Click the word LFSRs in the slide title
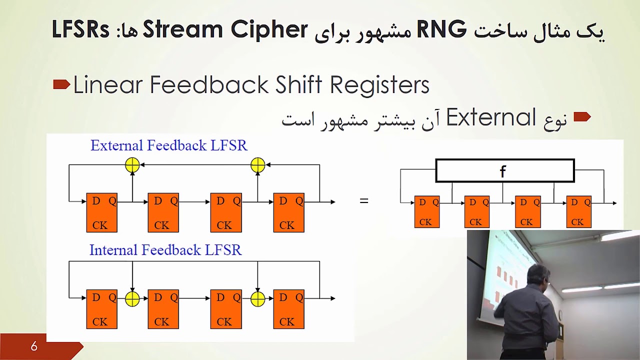point(80,30)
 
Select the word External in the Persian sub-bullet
point(491,118)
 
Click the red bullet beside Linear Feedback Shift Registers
point(61,85)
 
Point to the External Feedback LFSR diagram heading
point(168,145)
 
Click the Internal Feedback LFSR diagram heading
point(165,250)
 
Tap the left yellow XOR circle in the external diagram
point(132,164)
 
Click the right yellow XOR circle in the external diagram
point(257,164)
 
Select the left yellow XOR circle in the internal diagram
point(132,298)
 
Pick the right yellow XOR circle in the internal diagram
point(257,298)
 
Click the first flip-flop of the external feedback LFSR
point(101,212)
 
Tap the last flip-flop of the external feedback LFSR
point(288,212)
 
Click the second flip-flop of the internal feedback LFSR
point(163,309)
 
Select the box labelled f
point(504,171)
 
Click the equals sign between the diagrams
point(364,201)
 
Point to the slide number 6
point(34,346)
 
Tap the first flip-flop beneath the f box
point(426,211)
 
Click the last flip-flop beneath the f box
point(578,211)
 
